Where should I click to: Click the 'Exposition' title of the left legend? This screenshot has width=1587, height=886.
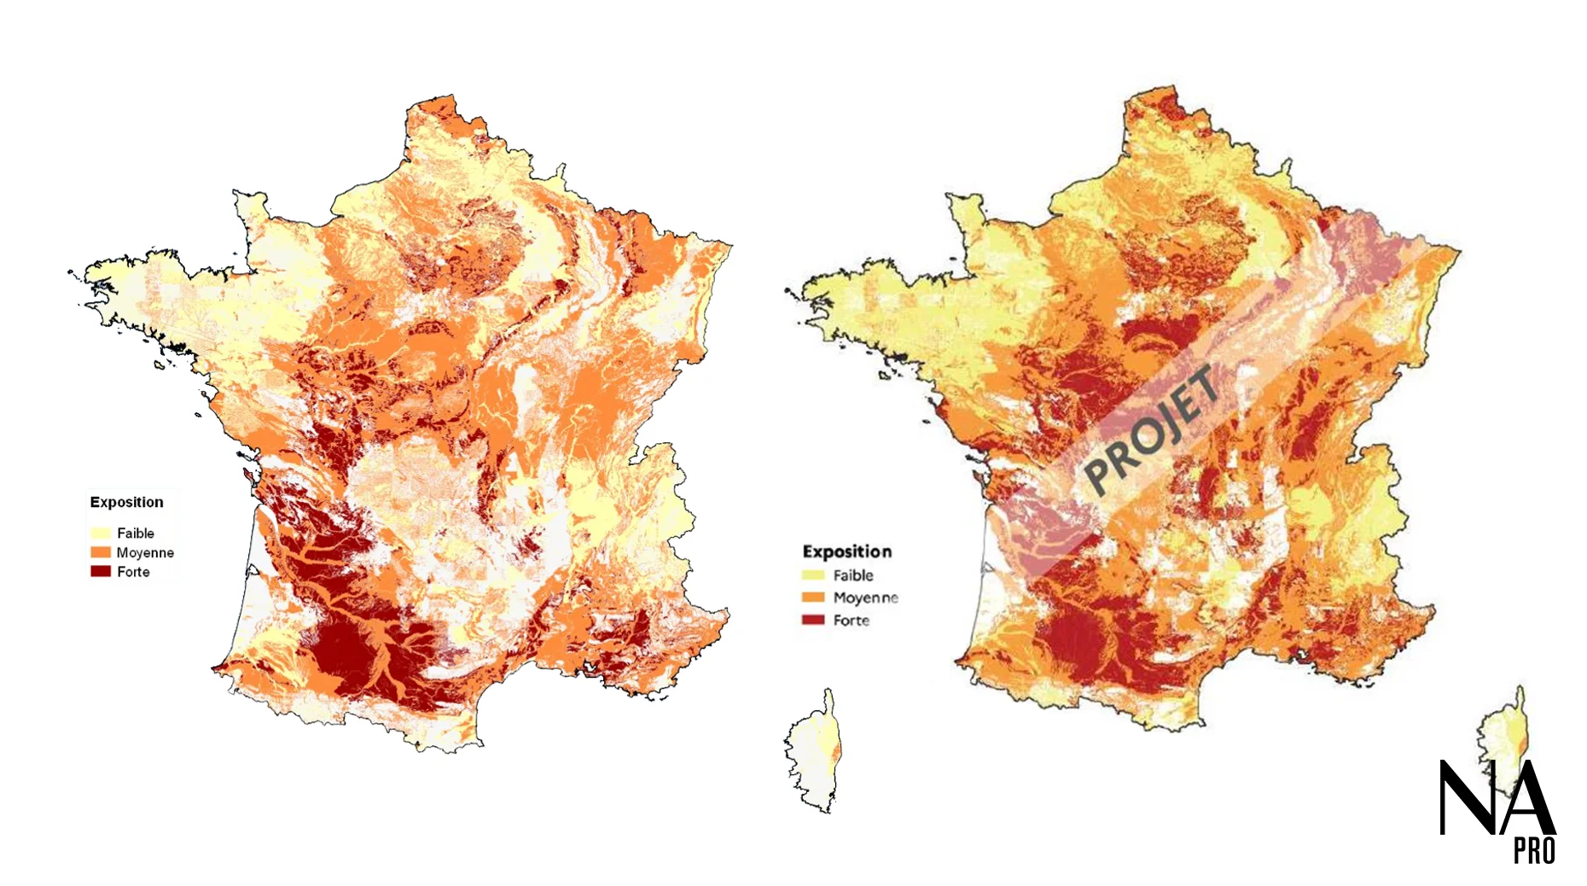click(126, 502)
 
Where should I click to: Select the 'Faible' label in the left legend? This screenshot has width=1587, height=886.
click(135, 533)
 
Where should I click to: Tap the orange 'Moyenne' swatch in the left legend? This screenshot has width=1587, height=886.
click(101, 552)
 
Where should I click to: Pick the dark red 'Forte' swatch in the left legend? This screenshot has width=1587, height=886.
click(101, 571)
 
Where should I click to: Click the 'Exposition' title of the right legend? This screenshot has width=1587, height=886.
click(846, 551)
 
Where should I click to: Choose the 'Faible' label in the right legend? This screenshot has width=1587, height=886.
click(852, 575)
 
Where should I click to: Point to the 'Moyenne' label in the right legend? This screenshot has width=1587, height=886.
click(865, 597)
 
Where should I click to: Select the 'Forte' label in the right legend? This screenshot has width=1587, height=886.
click(851, 621)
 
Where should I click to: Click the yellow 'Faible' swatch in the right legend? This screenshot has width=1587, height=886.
click(813, 575)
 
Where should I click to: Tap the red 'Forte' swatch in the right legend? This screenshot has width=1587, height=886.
click(813, 620)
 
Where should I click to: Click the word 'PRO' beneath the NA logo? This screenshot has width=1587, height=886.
click(1533, 851)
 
